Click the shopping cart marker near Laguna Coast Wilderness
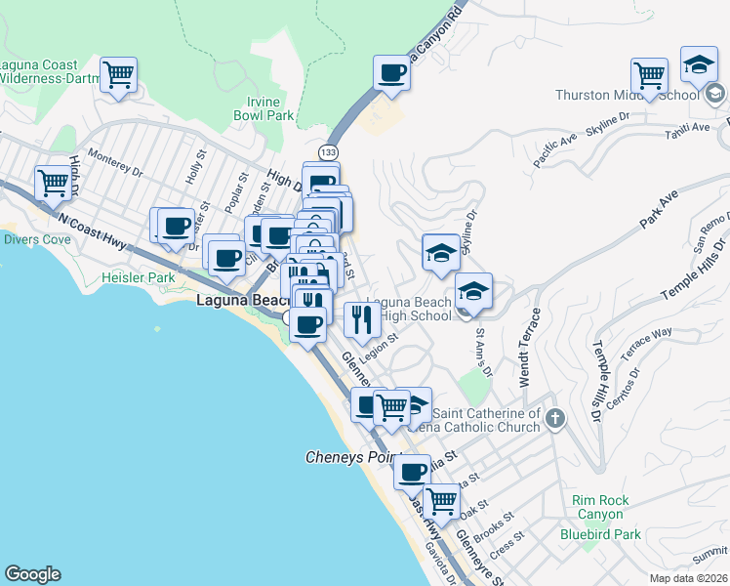(119, 74)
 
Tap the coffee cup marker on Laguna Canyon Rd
(392, 73)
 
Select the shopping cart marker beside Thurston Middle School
(649, 75)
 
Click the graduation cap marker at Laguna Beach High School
(473, 291)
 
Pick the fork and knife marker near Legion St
(363, 319)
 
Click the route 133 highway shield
(329, 152)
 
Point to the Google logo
(32, 574)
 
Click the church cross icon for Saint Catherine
(555, 420)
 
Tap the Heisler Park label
(138, 278)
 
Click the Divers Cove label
(36, 239)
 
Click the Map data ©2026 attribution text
(688, 577)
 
